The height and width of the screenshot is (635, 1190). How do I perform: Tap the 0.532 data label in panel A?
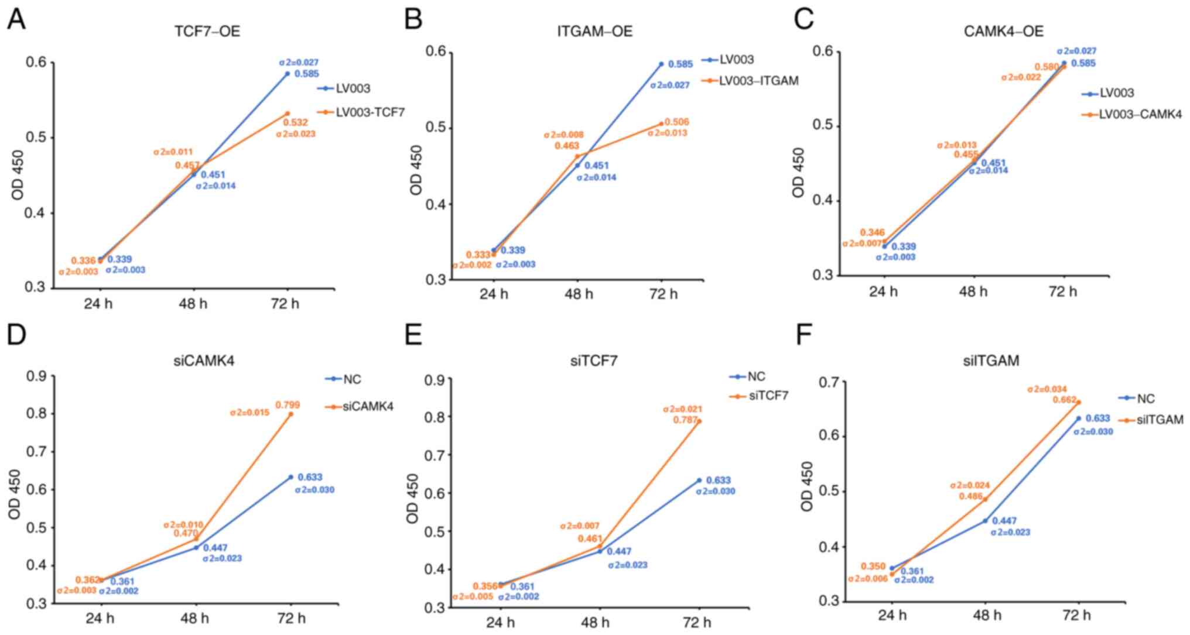pyautogui.click(x=295, y=123)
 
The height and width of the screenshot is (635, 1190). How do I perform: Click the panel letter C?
pyautogui.click(x=803, y=20)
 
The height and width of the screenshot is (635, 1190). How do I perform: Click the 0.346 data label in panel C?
pyautogui.click(x=872, y=233)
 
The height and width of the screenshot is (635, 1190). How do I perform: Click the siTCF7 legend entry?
pyautogui.click(x=768, y=396)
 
